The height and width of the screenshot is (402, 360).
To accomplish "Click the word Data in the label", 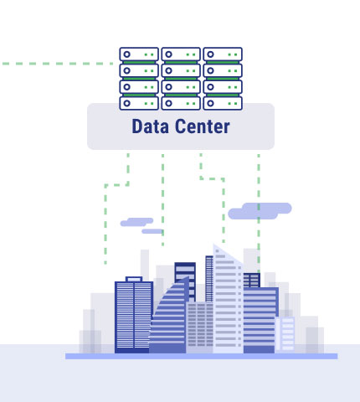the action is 150,126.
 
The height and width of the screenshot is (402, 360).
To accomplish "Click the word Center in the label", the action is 203,126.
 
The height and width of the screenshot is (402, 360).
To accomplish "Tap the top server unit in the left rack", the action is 139,54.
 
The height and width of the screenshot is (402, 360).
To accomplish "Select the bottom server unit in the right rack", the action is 223,103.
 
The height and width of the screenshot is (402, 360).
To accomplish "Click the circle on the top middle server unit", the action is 168,54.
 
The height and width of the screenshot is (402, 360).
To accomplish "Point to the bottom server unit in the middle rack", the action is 181,103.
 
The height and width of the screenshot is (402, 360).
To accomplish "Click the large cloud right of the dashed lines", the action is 260,211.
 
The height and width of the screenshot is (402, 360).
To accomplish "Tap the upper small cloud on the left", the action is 136,222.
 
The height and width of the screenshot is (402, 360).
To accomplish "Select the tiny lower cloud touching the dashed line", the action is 152,231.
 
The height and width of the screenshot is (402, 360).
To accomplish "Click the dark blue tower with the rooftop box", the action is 134,316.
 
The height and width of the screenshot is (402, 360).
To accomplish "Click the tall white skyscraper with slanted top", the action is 228,300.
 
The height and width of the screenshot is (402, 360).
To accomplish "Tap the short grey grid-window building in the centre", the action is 199,327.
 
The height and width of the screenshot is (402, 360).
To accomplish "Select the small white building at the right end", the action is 285,333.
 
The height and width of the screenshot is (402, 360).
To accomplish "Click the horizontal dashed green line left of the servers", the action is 58,64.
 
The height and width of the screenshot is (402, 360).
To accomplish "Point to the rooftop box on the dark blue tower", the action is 134,279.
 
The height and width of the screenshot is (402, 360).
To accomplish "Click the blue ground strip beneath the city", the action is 201,356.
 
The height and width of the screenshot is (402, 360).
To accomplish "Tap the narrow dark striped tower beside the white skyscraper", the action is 209,279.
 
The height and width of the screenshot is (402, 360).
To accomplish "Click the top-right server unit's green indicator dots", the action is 233,54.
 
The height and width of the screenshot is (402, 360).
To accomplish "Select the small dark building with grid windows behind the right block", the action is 252,281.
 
